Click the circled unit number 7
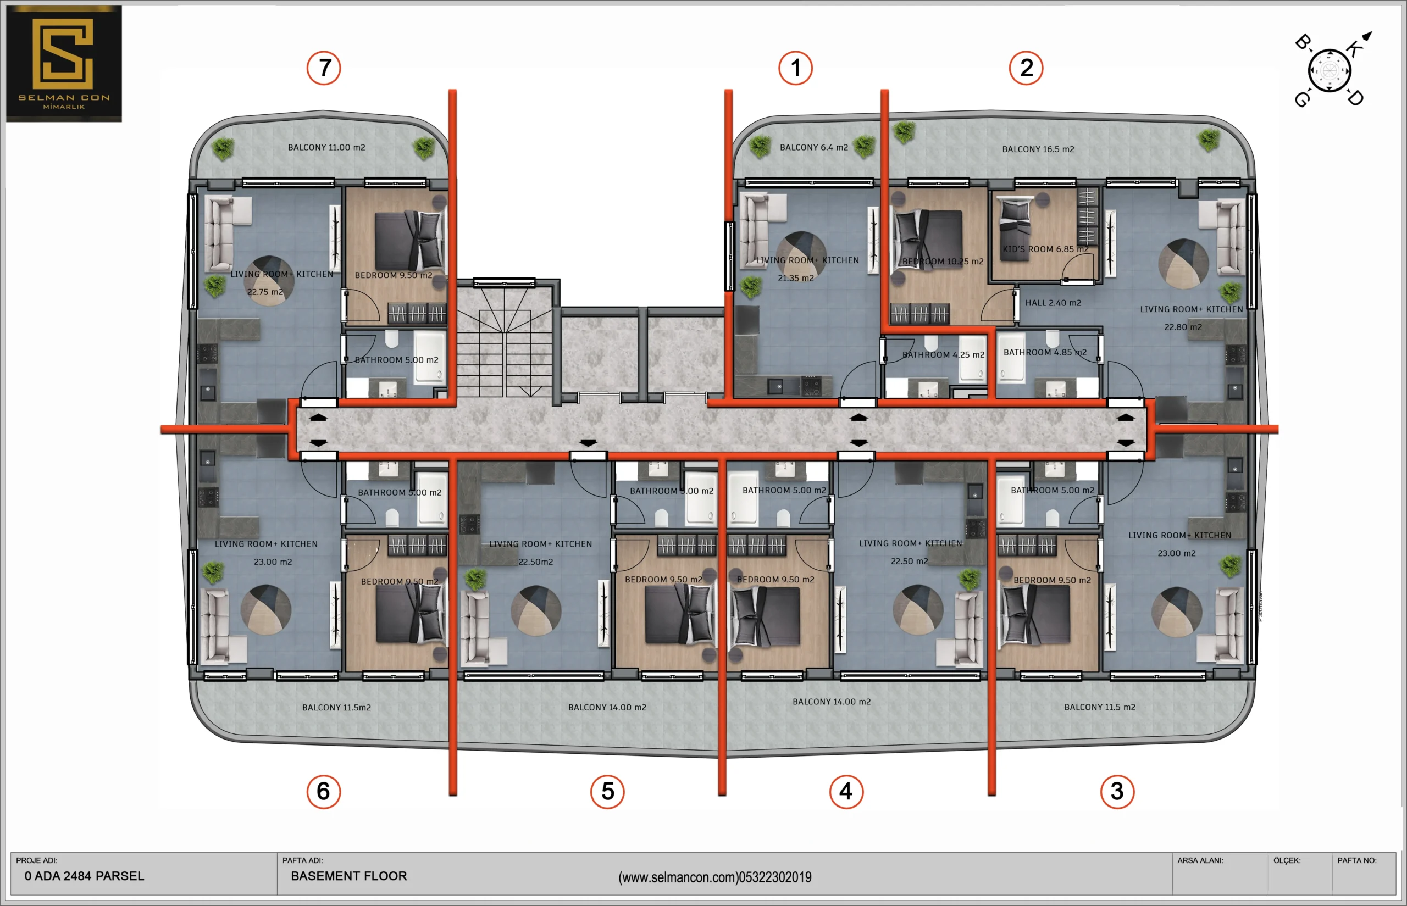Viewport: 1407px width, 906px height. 324,68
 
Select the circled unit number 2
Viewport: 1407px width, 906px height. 1026,68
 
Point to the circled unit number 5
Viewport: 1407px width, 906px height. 607,792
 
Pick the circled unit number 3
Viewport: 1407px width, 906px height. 1117,792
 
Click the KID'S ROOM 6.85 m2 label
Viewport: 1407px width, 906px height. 1045,249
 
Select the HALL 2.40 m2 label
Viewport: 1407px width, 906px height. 1054,303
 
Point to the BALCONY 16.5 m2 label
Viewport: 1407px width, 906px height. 1038,149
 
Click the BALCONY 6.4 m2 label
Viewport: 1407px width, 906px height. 814,148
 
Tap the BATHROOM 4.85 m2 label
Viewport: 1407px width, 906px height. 1045,352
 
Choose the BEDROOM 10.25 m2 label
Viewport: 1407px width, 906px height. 943,261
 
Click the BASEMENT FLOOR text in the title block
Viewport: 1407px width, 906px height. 348,876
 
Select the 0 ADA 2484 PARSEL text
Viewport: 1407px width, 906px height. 84,876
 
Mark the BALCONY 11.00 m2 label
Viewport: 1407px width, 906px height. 326,148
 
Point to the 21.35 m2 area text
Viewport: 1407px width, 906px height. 796,278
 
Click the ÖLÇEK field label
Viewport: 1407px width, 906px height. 1287,860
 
